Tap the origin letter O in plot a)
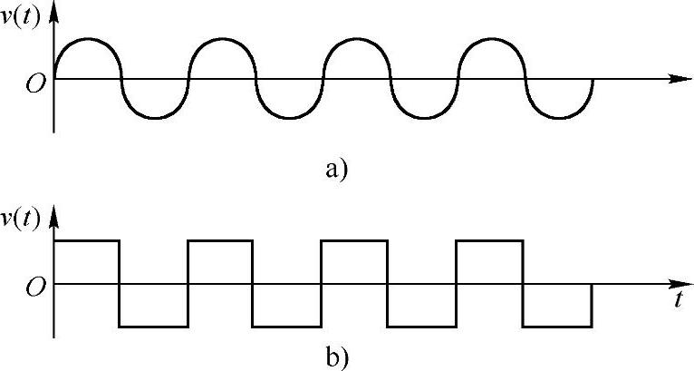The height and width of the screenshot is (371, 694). (34, 83)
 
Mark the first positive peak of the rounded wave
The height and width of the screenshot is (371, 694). (87, 39)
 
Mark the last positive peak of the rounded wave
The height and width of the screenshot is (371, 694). (492, 39)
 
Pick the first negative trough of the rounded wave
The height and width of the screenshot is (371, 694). (155, 117)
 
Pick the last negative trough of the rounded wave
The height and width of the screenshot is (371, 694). (559, 117)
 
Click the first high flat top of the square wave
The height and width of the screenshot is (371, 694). (87, 240)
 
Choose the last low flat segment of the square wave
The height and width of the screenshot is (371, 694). (558, 326)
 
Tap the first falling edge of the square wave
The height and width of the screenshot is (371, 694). (120, 283)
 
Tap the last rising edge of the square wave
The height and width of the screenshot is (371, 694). (457, 283)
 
